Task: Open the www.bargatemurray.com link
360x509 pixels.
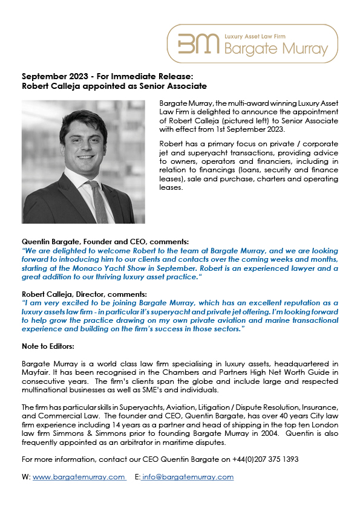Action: coord(79,477)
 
